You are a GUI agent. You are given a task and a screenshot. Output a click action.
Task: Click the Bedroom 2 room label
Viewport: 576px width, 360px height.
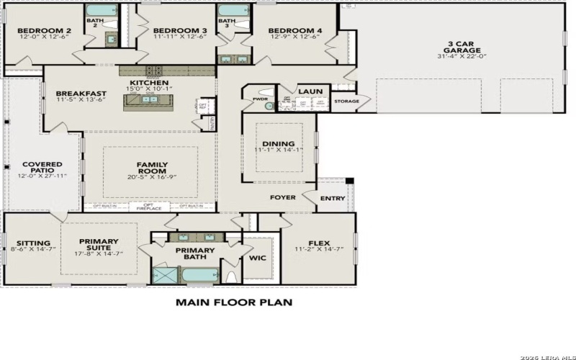pos(43,31)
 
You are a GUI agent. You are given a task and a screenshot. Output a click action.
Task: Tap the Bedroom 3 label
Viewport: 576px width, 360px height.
pos(180,31)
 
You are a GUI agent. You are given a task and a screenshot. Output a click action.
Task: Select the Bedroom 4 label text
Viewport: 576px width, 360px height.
pos(294,31)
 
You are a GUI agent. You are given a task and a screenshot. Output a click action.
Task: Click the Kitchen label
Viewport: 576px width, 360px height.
pos(150,84)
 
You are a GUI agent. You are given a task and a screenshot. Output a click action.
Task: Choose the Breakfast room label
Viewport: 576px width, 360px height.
pos(81,94)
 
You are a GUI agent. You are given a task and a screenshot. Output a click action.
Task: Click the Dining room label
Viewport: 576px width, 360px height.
pos(278,144)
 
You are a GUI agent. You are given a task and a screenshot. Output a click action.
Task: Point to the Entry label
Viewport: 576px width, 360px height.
pos(333,199)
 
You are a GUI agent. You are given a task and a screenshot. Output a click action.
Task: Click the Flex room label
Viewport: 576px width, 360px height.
pos(318,243)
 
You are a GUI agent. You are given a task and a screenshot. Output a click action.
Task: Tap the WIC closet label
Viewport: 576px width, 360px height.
pos(258,256)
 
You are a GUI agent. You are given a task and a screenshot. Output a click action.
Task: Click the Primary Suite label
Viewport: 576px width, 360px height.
pos(99,244)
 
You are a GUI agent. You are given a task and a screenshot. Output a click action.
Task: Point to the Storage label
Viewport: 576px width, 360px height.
pos(346,102)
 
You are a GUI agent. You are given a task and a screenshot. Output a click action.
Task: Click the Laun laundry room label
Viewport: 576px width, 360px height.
pos(311,91)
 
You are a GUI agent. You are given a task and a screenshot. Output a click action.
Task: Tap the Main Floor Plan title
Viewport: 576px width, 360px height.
pos(234,302)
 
